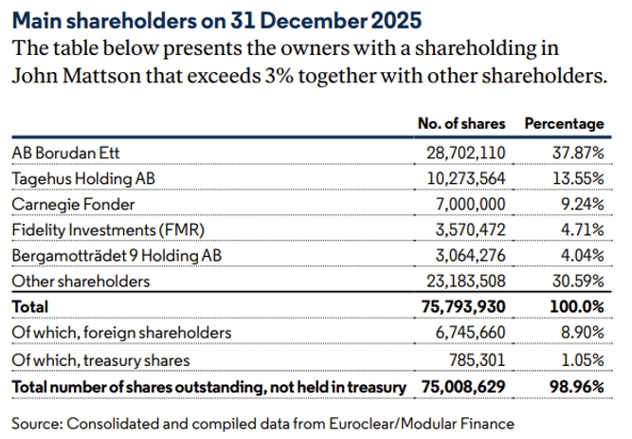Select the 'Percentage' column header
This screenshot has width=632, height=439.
coord(564,124)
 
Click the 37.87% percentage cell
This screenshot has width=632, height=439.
coord(578,152)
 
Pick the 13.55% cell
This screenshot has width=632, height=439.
coord(578,177)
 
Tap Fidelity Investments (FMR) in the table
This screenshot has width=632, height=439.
coord(108,229)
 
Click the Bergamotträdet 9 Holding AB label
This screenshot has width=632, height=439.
coord(118,256)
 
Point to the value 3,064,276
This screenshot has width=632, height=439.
coord(470,256)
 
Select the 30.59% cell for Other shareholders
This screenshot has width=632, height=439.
coord(578,282)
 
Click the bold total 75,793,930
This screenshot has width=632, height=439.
coord(462,307)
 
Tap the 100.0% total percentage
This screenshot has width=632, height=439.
coord(577,307)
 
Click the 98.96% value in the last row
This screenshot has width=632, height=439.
coord(576,387)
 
